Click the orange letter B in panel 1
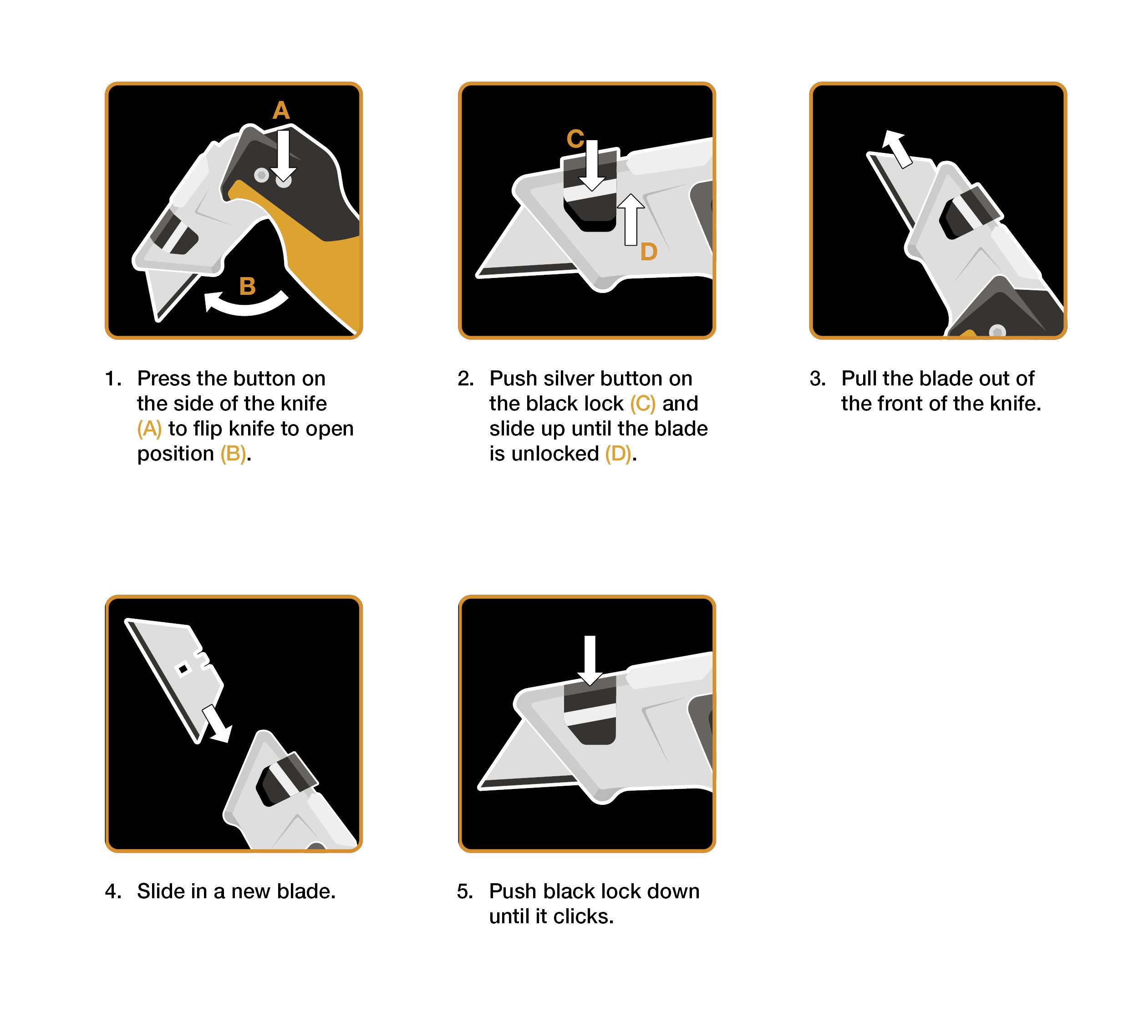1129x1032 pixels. click(247, 287)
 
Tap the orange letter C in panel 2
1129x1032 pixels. click(575, 139)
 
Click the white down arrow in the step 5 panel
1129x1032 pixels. click(590, 660)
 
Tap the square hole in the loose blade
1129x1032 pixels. click(183, 669)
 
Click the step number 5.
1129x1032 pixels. click(465, 891)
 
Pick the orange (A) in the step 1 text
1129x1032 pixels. click(149, 429)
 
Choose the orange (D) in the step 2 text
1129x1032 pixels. click(618, 454)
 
